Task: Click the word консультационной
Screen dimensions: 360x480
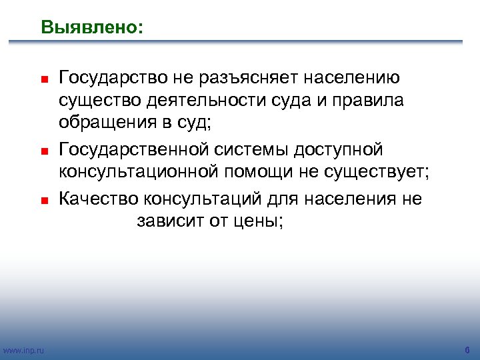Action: pos(137,173)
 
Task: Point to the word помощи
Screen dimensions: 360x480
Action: pos(258,173)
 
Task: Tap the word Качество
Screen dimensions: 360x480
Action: pos(98,199)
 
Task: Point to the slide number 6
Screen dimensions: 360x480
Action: pos(467,350)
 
